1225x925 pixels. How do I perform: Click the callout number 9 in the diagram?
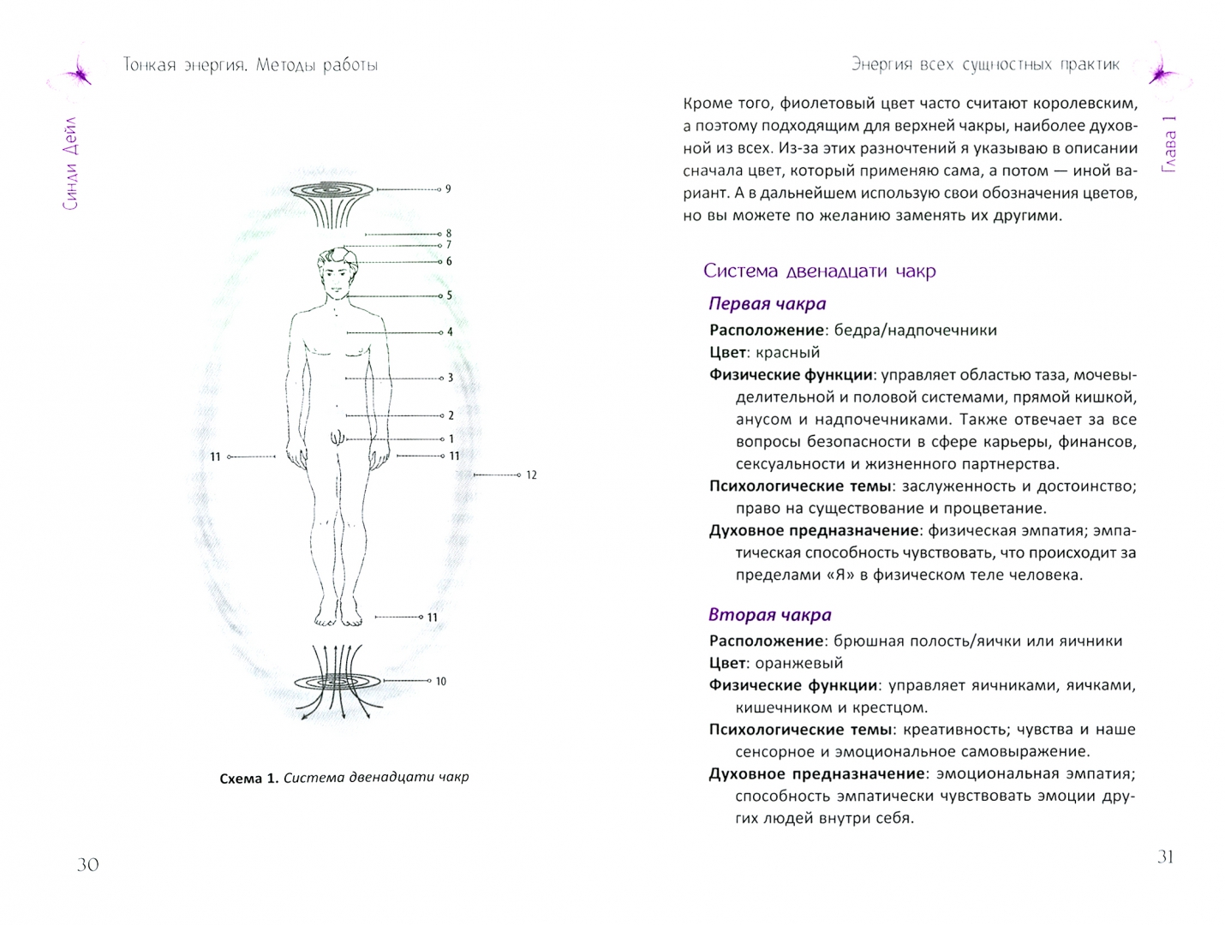pyautogui.click(x=448, y=188)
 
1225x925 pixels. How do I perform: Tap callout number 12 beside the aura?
pyautogui.click(x=531, y=474)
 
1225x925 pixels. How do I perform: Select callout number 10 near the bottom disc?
pyautogui.click(x=440, y=682)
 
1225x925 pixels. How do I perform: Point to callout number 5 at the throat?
pyautogui.click(x=450, y=295)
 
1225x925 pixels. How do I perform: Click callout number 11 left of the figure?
pyautogui.click(x=215, y=457)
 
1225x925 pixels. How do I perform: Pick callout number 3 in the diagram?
pyautogui.click(x=451, y=378)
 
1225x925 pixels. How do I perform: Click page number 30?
pyautogui.click(x=87, y=864)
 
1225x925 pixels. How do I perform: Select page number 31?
pyautogui.click(x=1165, y=856)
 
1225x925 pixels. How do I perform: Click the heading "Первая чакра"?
pyautogui.click(x=767, y=304)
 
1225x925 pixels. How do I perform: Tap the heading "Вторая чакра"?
pyautogui.click(x=769, y=615)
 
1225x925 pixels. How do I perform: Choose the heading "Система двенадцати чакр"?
pyautogui.click(x=819, y=272)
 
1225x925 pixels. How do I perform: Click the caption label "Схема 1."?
pyautogui.click(x=248, y=778)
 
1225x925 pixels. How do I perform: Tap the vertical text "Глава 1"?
pyautogui.click(x=1169, y=144)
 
